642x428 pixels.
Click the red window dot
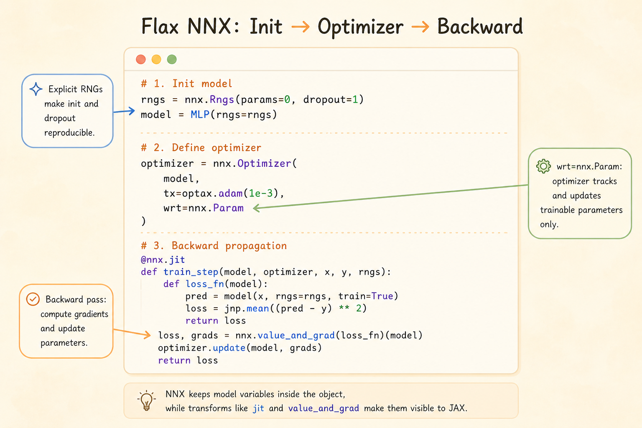coord(141,59)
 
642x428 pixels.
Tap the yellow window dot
coord(156,59)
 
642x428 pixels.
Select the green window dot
coord(172,59)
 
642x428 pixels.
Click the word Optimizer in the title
coord(360,27)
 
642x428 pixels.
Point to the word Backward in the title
coord(480,26)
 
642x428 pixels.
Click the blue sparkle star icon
coord(36,89)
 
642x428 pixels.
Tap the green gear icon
coord(543,166)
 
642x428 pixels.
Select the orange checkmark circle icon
coord(33,299)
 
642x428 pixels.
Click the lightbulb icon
coord(146,401)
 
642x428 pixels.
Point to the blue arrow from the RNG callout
coord(124,111)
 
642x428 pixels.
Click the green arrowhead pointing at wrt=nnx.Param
coord(256,208)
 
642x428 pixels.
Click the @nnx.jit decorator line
coord(163,260)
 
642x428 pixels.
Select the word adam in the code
coord(231,194)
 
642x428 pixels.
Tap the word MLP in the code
coord(200,115)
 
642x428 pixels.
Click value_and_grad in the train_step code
coord(296,335)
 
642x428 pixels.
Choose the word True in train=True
coord(382,296)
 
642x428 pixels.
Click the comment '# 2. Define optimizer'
coord(201,148)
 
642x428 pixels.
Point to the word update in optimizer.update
coord(229,348)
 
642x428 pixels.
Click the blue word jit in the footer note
coord(258,408)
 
